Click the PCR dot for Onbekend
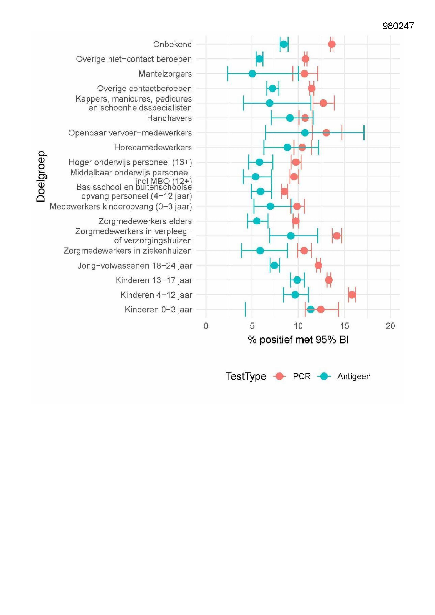click(x=332, y=44)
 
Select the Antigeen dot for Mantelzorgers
click(x=252, y=74)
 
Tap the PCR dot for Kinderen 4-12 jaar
click(x=352, y=295)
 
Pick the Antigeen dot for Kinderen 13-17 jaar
click(x=297, y=280)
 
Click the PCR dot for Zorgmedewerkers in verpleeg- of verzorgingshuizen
click(x=337, y=236)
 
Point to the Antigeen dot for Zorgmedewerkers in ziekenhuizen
click(x=260, y=251)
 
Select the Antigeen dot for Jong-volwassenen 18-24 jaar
click(x=275, y=265)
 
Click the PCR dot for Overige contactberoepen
click(x=311, y=88)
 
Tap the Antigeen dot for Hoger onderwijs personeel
click(x=260, y=162)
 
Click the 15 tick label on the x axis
click(x=345, y=326)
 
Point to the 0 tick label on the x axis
click(x=206, y=326)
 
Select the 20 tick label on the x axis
click(x=391, y=326)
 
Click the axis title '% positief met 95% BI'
click(x=298, y=340)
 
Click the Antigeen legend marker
click(x=324, y=376)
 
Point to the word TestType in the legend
click(x=246, y=376)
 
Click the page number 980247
click(x=398, y=26)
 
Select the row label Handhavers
click(x=169, y=118)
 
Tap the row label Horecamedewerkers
click(x=153, y=148)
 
